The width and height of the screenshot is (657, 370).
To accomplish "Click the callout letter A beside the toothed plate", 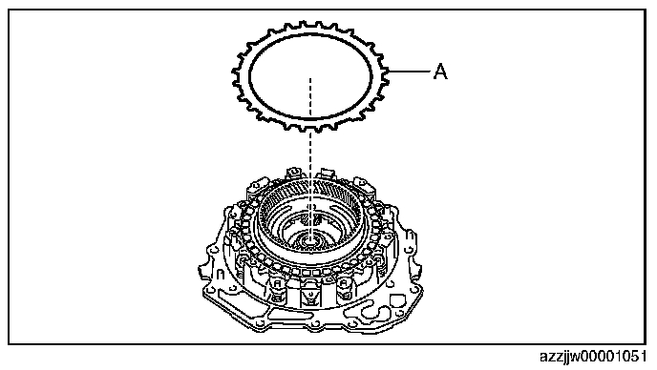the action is point(440,72).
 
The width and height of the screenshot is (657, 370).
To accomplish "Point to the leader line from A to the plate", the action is point(409,72).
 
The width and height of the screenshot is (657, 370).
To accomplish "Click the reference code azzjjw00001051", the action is point(593,357).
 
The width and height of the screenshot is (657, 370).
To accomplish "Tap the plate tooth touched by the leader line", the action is point(385,72).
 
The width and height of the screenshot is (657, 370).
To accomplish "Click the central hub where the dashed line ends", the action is point(310,239).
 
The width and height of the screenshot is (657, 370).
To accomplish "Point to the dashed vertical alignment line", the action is point(310,159).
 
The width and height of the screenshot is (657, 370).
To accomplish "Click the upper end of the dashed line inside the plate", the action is point(310,78).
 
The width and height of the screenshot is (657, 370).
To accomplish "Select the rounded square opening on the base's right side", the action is point(396,300).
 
